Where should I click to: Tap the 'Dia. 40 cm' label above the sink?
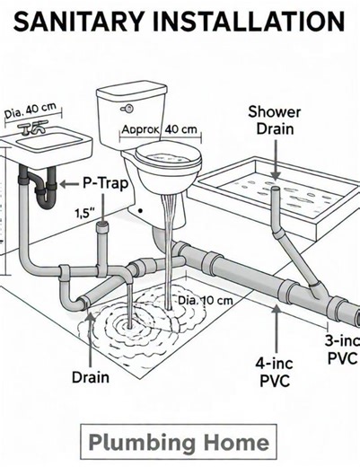tap(31, 110)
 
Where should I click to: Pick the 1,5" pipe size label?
tap(83, 213)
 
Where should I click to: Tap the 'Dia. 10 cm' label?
tap(206, 299)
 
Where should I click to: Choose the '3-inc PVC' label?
tap(342, 349)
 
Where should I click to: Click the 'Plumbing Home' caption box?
tap(179, 442)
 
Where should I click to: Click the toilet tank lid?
tap(133, 91)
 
